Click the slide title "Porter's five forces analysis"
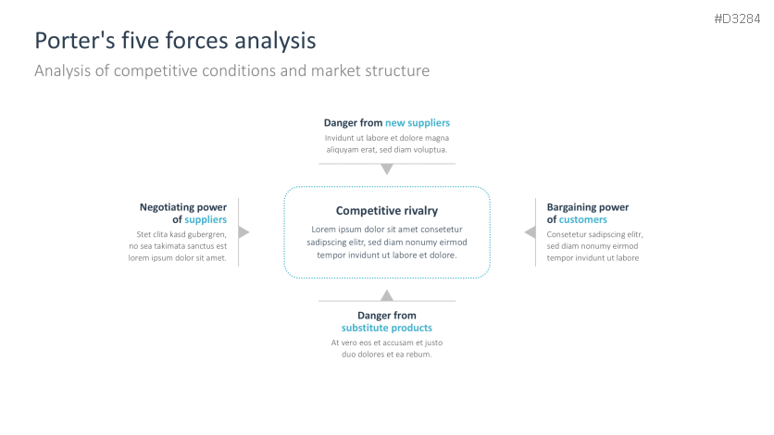coord(175,41)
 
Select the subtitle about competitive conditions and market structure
coord(231,70)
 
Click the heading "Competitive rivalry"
coord(387,211)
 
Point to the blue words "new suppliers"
coord(418,123)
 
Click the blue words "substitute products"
coord(387,329)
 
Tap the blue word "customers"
coord(583,220)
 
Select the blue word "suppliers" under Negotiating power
coord(206,220)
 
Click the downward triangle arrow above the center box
coord(387,169)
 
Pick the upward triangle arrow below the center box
coord(387,295)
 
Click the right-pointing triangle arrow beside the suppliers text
coord(243,232)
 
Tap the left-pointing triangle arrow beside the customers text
coord(531,232)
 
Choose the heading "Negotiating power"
coord(183,207)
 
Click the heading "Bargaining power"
coord(588,207)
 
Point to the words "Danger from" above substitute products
coord(387,316)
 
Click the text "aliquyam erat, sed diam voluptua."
coord(387,150)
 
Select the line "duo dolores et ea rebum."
coord(387,354)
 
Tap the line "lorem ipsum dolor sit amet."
coord(178,258)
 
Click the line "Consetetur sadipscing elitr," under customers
coord(594,234)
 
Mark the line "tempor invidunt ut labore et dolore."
coord(387,255)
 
